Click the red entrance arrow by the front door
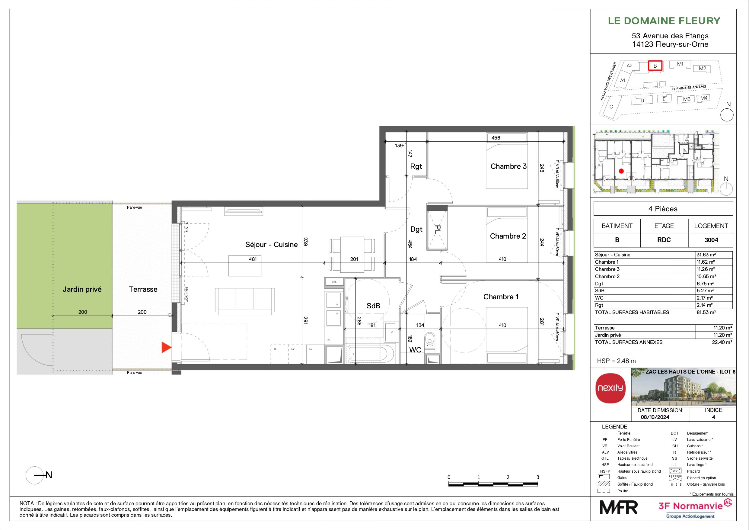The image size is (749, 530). click(x=166, y=348)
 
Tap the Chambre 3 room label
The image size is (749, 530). click(x=508, y=166)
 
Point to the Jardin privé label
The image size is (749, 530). click(x=82, y=289)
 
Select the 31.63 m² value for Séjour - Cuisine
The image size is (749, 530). click(x=706, y=255)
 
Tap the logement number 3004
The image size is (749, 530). click(x=711, y=240)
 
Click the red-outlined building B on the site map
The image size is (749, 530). click(x=655, y=66)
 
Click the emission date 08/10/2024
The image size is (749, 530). click(x=655, y=417)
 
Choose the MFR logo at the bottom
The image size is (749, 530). click(x=618, y=507)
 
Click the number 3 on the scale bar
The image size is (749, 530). click(x=538, y=477)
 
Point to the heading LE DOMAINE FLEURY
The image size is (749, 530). click(x=664, y=21)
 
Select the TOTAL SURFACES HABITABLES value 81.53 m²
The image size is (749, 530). click(x=706, y=313)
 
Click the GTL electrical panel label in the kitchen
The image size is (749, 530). click(x=334, y=281)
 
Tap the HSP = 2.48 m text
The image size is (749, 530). click(x=616, y=361)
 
